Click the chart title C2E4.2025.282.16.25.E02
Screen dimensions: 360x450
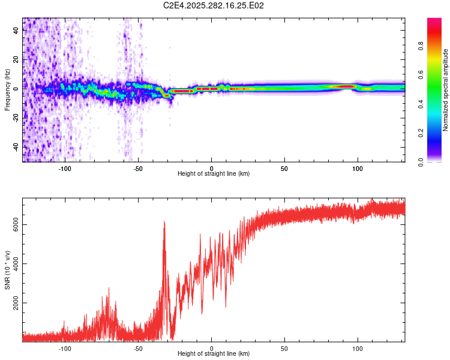(x=214, y=6)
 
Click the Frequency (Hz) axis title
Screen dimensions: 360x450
(x=8, y=89)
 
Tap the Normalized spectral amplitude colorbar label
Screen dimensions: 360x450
(x=445, y=90)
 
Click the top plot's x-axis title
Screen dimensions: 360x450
(x=214, y=173)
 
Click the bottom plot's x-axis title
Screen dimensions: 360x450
(x=214, y=354)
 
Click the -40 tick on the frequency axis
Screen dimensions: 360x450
(x=16, y=147)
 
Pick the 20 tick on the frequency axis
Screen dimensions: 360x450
(x=16, y=60)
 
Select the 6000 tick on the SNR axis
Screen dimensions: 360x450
(x=16, y=224)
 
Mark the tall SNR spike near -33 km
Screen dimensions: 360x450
(x=164, y=223)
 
